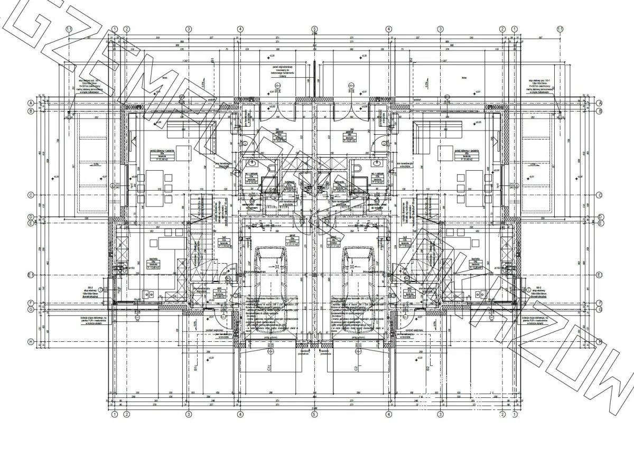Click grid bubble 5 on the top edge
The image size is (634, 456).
[314, 29]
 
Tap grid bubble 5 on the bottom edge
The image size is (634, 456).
[314, 415]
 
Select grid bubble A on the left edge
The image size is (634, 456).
[31, 103]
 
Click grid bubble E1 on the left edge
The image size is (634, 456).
[31, 275]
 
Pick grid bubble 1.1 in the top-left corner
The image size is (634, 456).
[68, 29]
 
